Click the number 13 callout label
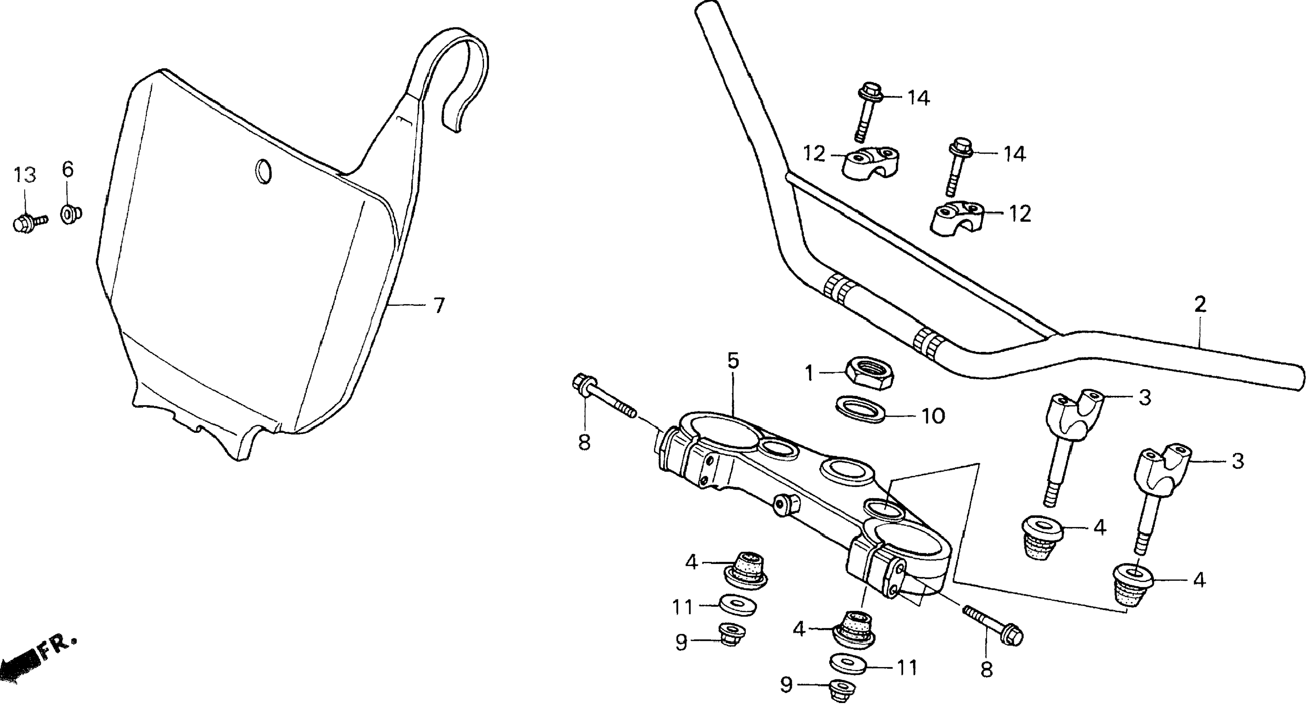[24, 175]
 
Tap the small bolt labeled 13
[27, 222]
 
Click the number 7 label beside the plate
[439, 305]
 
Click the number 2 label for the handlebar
[1199, 304]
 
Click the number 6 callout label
[68, 169]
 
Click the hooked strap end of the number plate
[462, 76]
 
